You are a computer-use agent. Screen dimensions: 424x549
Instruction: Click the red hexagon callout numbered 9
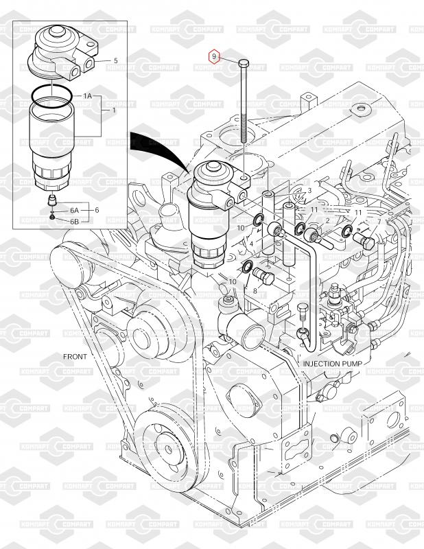coord(214,56)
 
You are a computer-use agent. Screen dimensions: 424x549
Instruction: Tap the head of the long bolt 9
coord(244,63)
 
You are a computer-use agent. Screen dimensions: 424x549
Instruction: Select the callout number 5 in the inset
coord(116,61)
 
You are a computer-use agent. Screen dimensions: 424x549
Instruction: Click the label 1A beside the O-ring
coord(87,95)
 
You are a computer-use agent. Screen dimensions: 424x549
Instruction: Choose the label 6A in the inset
coord(74,211)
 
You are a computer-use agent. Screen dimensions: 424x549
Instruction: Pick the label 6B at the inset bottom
coord(74,221)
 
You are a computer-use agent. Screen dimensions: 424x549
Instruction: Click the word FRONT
coord(75,356)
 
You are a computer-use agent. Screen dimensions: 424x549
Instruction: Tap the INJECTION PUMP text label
coord(332,364)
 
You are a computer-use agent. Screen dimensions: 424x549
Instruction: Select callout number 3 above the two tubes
coord(309,191)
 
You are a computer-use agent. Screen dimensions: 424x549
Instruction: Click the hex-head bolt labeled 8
coord(264,277)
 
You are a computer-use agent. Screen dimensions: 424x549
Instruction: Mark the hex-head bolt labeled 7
coord(364,241)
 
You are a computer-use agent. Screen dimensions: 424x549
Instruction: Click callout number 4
coord(251,244)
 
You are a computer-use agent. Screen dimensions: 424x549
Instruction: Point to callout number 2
coord(328,220)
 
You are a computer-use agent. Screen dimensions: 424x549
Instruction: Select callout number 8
coord(255,291)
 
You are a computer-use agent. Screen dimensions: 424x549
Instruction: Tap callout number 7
coord(379,221)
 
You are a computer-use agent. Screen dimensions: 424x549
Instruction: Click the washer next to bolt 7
coord(347,231)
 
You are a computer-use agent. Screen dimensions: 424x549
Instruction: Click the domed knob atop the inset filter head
coord(57,30)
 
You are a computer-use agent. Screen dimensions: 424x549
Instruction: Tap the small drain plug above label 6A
coord(52,200)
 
